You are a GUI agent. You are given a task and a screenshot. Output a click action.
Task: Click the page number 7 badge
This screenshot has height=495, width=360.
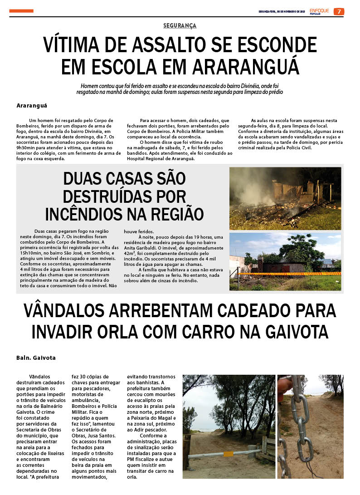click(339, 11)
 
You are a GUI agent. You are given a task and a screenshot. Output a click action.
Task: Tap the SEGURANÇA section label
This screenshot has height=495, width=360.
click(180, 26)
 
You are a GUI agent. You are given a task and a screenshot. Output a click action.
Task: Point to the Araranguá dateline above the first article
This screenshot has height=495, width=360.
click(32, 105)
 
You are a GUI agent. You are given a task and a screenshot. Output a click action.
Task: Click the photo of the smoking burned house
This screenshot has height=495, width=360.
click(285, 198)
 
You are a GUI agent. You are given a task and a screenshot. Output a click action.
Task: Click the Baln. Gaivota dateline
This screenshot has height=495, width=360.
click(36, 358)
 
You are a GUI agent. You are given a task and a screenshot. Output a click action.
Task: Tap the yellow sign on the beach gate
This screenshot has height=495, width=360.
click(228, 454)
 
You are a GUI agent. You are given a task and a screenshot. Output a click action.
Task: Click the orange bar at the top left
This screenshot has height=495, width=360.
click(21, 11)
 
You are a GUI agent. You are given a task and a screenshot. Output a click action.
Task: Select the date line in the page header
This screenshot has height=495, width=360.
click(281, 11)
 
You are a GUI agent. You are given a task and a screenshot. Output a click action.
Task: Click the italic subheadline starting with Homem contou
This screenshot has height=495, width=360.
click(180, 88)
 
